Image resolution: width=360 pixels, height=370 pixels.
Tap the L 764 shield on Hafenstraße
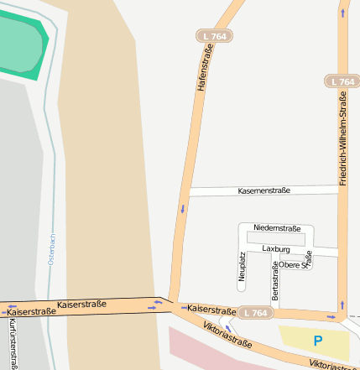(x=216, y=37)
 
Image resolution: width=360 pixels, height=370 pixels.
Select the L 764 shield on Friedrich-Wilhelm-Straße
(x=342, y=81)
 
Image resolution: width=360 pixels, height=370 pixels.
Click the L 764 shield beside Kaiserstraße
(x=255, y=313)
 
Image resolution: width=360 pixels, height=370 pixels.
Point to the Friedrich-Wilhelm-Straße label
(x=343, y=139)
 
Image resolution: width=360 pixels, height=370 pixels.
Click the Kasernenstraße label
(x=263, y=190)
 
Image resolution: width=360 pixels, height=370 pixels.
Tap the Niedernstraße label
(x=276, y=227)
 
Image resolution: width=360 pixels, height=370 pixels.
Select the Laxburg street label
(x=275, y=249)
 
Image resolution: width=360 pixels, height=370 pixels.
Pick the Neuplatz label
(x=242, y=266)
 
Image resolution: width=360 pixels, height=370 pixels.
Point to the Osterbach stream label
(x=51, y=250)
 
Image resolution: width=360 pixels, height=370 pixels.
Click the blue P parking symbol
(x=317, y=341)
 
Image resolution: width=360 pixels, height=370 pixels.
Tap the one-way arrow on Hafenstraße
(x=182, y=208)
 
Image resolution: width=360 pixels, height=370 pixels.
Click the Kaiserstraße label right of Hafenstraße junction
(x=211, y=310)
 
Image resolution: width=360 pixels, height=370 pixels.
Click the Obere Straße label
(x=295, y=264)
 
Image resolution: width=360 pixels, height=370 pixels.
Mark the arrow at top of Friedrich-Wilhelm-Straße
(x=342, y=13)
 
